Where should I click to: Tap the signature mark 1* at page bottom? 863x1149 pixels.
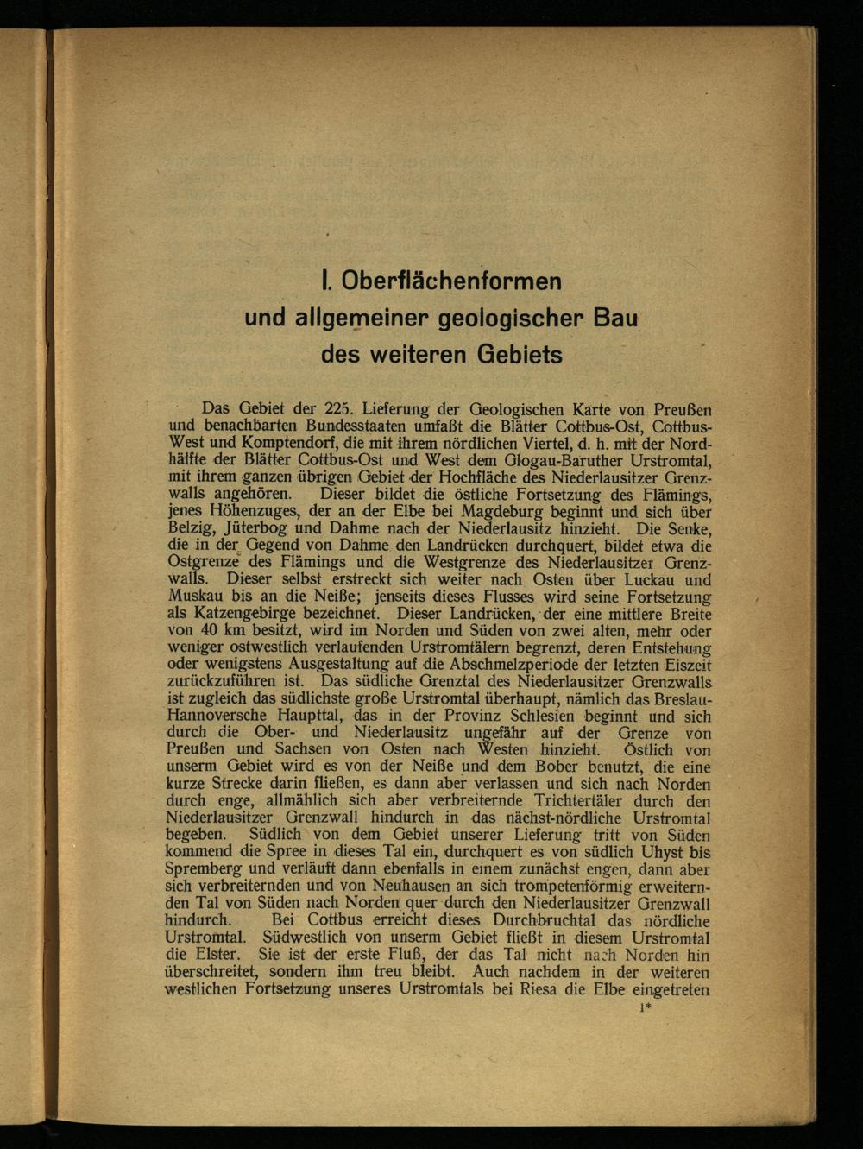pos(644,1007)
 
